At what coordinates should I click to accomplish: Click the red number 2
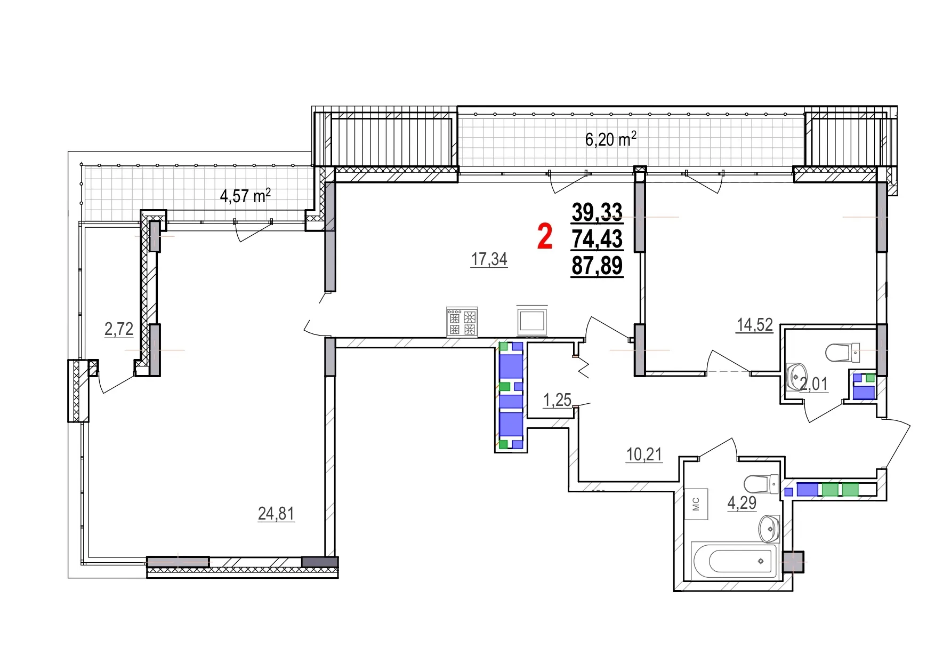pyautogui.click(x=544, y=237)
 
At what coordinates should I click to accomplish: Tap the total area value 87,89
pyautogui.click(x=597, y=265)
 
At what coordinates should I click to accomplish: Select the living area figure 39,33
pyautogui.click(x=597, y=212)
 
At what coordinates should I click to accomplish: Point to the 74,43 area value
pyautogui.click(x=597, y=238)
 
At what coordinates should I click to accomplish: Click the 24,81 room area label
pyautogui.click(x=276, y=513)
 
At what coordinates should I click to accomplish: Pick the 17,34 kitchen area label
pyautogui.click(x=489, y=259)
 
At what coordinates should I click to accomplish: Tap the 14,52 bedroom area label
pyautogui.click(x=754, y=324)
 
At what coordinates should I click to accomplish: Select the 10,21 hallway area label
pyautogui.click(x=644, y=454)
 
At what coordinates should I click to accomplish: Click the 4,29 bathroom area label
pyautogui.click(x=741, y=503)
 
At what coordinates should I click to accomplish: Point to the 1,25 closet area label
pyautogui.click(x=557, y=400)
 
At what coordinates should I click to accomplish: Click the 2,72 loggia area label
pyautogui.click(x=119, y=329)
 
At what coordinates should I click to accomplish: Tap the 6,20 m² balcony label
pyautogui.click(x=610, y=139)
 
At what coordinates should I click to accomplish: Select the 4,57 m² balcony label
pyautogui.click(x=245, y=196)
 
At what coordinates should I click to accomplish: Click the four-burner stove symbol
pyautogui.click(x=462, y=322)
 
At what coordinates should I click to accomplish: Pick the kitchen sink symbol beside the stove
pyautogui.click(x=532, y=321)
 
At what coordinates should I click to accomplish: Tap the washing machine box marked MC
pyautogui.click(x=696, y=504)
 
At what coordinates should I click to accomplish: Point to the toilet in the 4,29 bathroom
pyautogui.click(x=761, y=484)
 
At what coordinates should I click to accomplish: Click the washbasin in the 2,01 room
pyautogui.click(x=796, y=377)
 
